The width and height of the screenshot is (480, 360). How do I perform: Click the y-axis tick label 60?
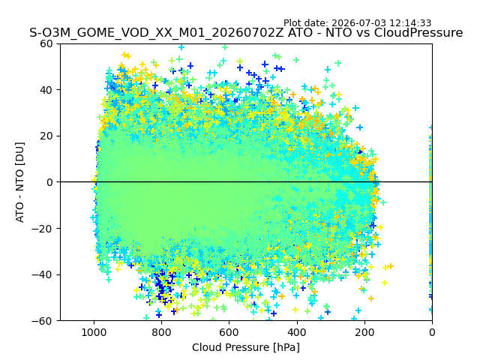click(x=46, y=43)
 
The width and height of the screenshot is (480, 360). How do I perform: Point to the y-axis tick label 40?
click(x=46, y=90)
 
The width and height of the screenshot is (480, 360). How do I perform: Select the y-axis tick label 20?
click(x=46, y=136)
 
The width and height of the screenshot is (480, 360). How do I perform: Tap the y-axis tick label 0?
click(x=49, y=182)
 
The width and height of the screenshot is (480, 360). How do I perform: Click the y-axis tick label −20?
click(x=42, y=229)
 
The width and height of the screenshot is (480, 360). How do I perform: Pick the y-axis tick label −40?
click(x=42, y=275)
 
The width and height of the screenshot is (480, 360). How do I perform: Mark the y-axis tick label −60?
click(x=42, y=321)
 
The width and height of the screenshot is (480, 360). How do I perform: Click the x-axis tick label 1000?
click(x=94, y=332)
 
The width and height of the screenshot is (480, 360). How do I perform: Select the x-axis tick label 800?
click(x=162, y=332)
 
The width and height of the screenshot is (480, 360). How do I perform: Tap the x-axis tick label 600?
click(x=229, y=332)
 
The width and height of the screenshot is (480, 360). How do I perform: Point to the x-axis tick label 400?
click(x=297, y=332)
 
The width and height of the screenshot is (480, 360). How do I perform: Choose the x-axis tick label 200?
click(x=364, y=332)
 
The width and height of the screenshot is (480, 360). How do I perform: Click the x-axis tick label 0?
click(x=432, y=332)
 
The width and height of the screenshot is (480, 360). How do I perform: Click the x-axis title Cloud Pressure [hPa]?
click(x=246, y=347)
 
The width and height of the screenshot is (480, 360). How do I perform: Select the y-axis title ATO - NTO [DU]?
click(x=20, y=182)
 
